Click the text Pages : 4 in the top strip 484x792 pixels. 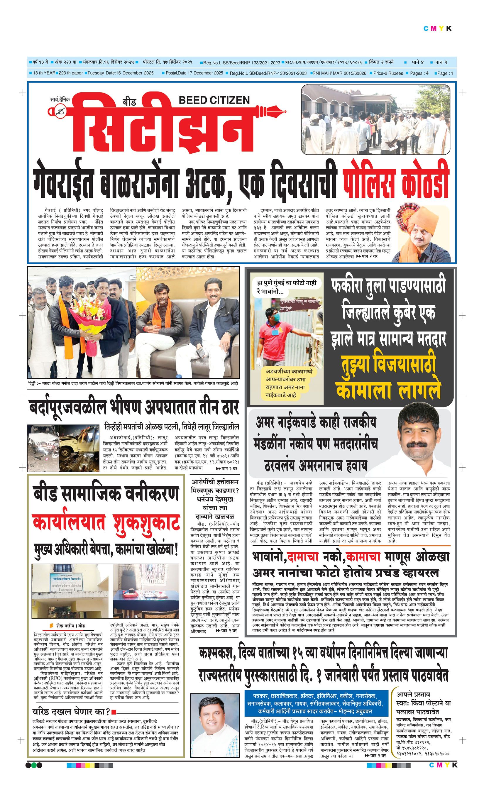coord(419,73)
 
